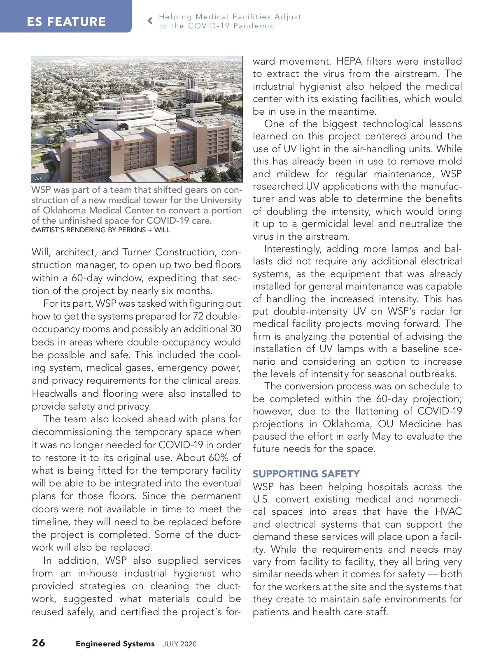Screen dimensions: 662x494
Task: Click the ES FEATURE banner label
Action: click(x=66, y=21)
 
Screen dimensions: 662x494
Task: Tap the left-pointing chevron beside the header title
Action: click(x=150, y=21)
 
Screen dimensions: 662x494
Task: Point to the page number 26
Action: click(x=39, y=642)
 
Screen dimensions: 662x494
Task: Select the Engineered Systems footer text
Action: click(x=115, y=644)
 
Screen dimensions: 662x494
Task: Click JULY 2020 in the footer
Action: click(x=179, y=644)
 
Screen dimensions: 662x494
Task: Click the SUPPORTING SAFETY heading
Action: click(x=306, y=474)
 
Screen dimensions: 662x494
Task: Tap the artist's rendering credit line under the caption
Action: click(x=101, y=230)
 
